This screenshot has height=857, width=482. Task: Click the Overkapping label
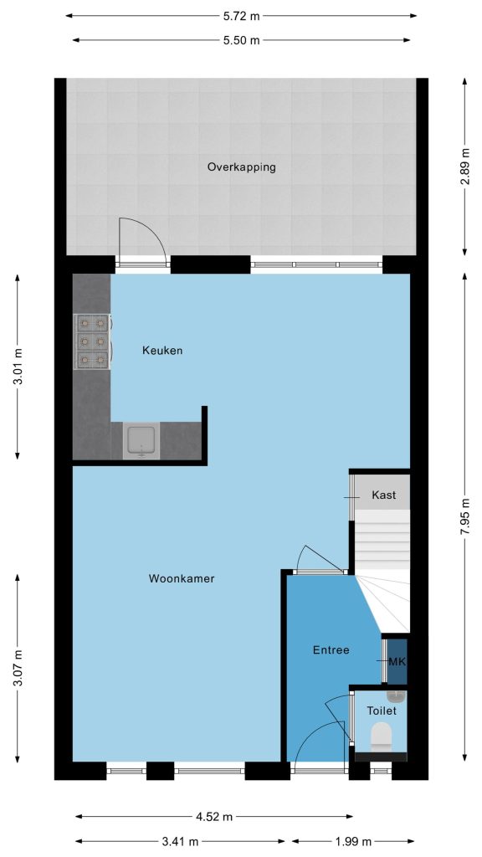click(241, 167)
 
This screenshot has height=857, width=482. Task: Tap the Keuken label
click(162, 351)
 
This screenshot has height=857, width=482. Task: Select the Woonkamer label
click(182, 578)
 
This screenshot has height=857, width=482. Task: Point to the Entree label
click(331, 649)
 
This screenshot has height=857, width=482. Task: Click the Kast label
click(383, 495)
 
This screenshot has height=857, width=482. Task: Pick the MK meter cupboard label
click(397, 661)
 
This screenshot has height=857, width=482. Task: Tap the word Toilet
click(382, 711)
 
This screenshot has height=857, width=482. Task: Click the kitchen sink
click(141, 440)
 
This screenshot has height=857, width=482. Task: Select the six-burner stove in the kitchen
click(92, 341)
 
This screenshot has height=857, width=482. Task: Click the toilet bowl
click(382, 736)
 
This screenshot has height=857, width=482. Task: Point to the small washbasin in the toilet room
click(396, 695)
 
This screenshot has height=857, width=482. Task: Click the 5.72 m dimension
click(241, 16)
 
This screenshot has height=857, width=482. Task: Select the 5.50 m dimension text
click(241, 40)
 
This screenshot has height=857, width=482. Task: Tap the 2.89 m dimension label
click(465, 167)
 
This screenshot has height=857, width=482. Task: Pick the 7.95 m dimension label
click(465, 516)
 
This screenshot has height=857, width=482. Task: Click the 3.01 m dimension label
click(18, 367)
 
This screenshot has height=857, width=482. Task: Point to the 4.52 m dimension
click(214, 817)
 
